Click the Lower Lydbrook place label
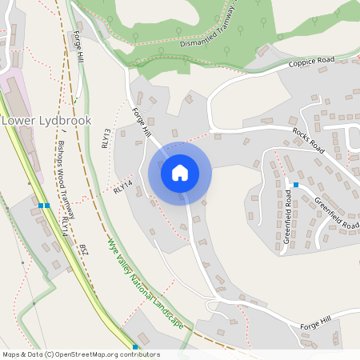coord(46,120)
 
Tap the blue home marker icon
coord(180,173)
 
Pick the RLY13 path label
coord(106,138)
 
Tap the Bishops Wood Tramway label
coord(68,179)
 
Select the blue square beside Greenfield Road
coord(295,185)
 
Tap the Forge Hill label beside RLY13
coord(142,122)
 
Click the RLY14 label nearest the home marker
coord(122,187)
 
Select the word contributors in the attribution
coord(141,354)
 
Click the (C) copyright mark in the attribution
coord(50,354)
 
